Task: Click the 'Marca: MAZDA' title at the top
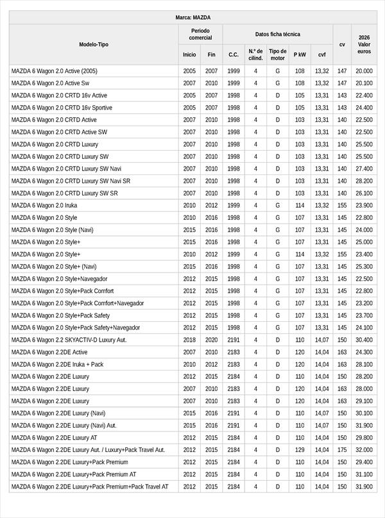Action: [x=193, y=17]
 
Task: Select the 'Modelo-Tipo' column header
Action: [x=94, y=44]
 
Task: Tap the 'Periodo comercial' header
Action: [x=200, y=34]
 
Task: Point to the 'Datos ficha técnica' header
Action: [x=277, y=34]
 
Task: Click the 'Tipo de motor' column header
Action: [x=278, y=54]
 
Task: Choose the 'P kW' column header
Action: [x=300, y=54]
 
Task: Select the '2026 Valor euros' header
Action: [x=364, y=44]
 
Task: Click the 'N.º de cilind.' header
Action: [x=255, y=54]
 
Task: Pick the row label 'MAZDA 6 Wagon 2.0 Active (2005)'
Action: [x=55, y=71]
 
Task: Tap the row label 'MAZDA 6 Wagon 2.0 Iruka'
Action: [x=44, y=206]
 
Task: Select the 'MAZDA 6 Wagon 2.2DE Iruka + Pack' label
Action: [x=57, y=364]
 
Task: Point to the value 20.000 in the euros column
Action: [x=364, y=71]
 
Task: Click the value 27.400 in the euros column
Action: [x=364, y=169]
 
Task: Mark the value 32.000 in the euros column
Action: [x=364, y=450]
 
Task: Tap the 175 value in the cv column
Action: [x=342, y=450]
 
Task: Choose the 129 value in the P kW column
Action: [x=300, y=450]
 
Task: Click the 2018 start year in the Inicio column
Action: [x=189, y=340]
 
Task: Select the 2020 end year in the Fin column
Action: [x=212, y=340]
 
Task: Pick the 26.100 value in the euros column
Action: [x=364, y=193]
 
